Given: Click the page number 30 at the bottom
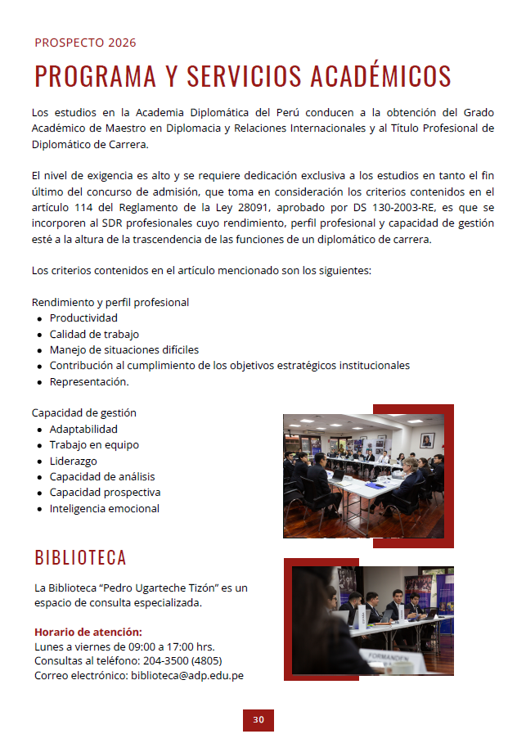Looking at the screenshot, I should pyautogui.click(x=258, y=719).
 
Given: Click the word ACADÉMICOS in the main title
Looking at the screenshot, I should pyautogui.click(x=380, y=76).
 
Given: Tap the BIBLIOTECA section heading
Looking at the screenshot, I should pyautogui.click(x=80, y=558).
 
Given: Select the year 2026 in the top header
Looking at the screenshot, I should pyautogui.click(x=122, y=43).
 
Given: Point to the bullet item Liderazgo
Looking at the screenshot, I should pyautogui.click(x=73, y=461).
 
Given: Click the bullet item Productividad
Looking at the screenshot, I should pyautogui.click(x=83, y=317).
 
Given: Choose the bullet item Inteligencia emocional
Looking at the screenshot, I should pyautogui.click(x=105, y=508).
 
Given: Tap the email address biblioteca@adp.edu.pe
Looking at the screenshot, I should pyautogui.click(x=187, y=675).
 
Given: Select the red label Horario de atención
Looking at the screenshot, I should pyautogui.click(x=88, y=632).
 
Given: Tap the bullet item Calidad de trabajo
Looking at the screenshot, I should pyautogui.click(x=94, y=334).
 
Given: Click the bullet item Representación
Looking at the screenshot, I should pyautogui.click(x=89, y=381).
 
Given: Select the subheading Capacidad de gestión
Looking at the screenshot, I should pyautogui.click(x=84, y=412).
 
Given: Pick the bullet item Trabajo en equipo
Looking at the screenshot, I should pyautogui.click(x=94, y=444).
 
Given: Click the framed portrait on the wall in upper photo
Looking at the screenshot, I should pyautogui.click(x=426, y=439).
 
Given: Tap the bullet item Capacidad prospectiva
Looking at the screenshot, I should pyautogui.click(x=105, y=492).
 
